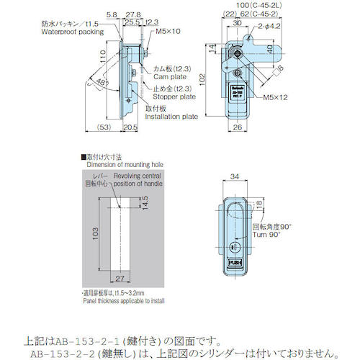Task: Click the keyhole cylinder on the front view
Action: click(x=233, y=246)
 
